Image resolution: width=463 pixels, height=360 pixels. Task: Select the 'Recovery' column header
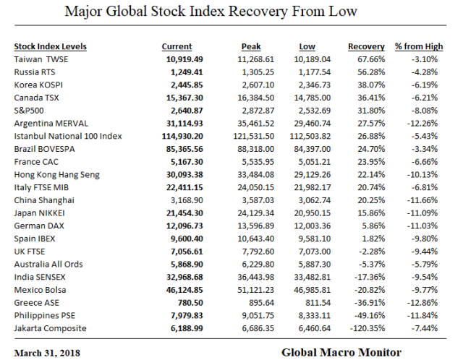pyautogui.click(x=365, y=46)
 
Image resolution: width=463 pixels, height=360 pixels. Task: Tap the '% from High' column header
pyautogui.click(x=417, y=46)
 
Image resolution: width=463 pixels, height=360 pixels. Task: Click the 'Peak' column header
pyautogui.click(x=250, y=46)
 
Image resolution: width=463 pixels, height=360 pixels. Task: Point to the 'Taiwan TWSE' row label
pyautogui.click(x=43, y=59)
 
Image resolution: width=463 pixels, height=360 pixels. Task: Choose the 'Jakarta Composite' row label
pyautogui.click(x=50, y=328)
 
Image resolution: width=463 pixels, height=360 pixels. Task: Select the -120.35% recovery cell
pyautogui.click(x=367, y=328)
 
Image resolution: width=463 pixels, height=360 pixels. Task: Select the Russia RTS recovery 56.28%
pyautogui.click(x=368, y=72)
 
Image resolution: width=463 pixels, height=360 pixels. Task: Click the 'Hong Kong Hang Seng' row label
pyautogui.click(x=58, y=174)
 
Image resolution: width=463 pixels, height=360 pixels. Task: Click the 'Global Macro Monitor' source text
pyautogui.click(x=341, y=352)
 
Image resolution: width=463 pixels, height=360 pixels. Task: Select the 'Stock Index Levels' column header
pyautogui.click(x=50, y=46)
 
